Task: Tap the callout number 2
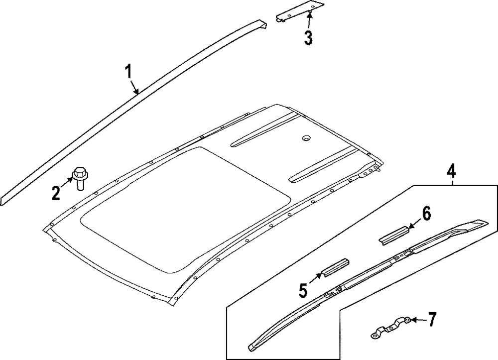(x=56, y=193)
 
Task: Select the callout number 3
(x=308, y=38)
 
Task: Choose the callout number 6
(x=426, y=214)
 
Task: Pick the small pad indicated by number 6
(x=393, y=235)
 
